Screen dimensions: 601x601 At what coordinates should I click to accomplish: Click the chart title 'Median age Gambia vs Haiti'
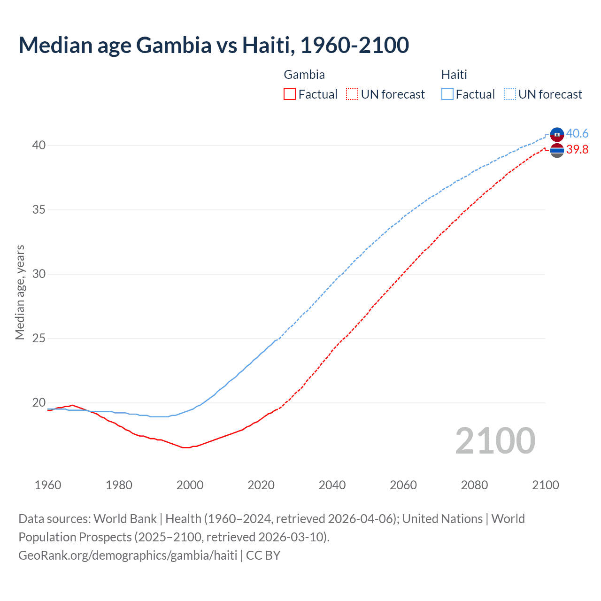pos(214,45)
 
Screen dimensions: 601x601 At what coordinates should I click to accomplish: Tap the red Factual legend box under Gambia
pos(290,94)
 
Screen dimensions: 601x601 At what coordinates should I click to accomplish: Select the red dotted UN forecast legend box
pos(352,94)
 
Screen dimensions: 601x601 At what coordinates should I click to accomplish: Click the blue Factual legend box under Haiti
pos(447,94)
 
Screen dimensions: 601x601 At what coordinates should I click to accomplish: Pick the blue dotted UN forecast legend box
pos(510,94)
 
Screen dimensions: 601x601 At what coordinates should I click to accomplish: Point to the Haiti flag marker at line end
pos(557,134)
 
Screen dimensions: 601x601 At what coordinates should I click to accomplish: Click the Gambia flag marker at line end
pos(557,151)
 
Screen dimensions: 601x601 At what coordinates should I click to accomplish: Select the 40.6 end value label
pos(577,134)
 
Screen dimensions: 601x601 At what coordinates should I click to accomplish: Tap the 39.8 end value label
pos(577,150)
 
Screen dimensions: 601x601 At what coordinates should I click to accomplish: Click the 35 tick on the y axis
pos(39,209)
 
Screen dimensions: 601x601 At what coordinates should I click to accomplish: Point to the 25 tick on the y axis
pos(39,338)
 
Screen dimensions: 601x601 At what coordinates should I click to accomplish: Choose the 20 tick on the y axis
pos(39,402)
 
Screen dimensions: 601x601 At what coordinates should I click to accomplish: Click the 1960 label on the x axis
pos(48,485)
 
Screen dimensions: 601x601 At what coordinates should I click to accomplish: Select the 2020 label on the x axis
pos(261,485)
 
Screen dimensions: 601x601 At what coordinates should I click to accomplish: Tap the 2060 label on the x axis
pos(403,485)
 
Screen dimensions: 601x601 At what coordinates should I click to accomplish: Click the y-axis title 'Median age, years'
pos(20,292)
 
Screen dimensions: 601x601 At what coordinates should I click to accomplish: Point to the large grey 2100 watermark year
pos(495,440)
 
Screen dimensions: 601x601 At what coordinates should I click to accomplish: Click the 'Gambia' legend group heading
pos(304,75)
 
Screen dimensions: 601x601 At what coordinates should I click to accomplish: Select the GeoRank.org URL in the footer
pos(128,555)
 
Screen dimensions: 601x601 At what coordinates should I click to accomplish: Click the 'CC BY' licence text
pos(263,555)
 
